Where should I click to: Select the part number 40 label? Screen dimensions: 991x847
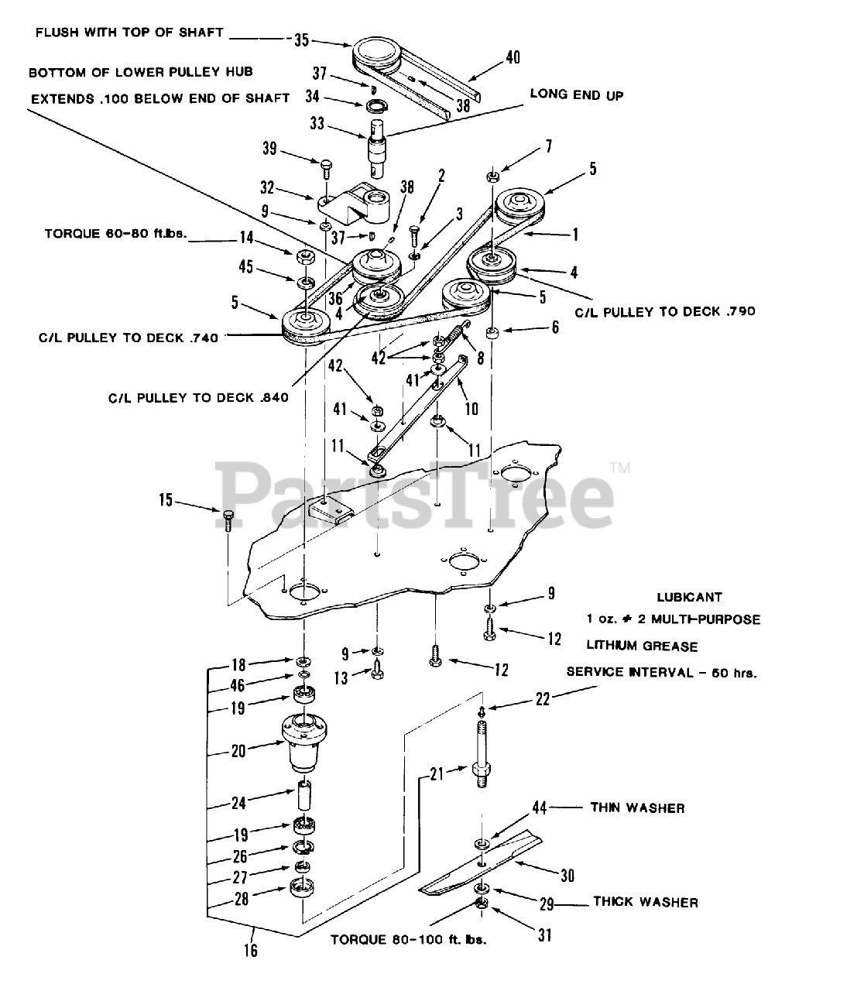coord(513,57)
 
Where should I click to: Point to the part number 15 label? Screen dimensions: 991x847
coord(166,500)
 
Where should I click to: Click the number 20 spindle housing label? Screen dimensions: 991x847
coord(238,749)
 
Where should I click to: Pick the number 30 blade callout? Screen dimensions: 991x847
coord(568,875)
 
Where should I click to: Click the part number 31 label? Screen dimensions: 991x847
coord(545,935)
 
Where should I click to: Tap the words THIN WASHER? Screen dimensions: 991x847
coord(637,808)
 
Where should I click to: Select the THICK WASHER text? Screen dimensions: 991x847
coord(646,902)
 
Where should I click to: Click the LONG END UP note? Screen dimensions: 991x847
coord(577,94)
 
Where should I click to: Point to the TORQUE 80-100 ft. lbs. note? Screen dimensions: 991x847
coord(413,939)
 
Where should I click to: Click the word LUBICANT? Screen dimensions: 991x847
coord(689,598)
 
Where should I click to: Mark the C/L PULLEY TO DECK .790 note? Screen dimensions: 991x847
coord(665,311)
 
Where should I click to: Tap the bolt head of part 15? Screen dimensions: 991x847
coord(228,514)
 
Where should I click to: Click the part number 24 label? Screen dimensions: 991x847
coord(239,803)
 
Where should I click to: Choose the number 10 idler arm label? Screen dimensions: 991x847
coord(472,408)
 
